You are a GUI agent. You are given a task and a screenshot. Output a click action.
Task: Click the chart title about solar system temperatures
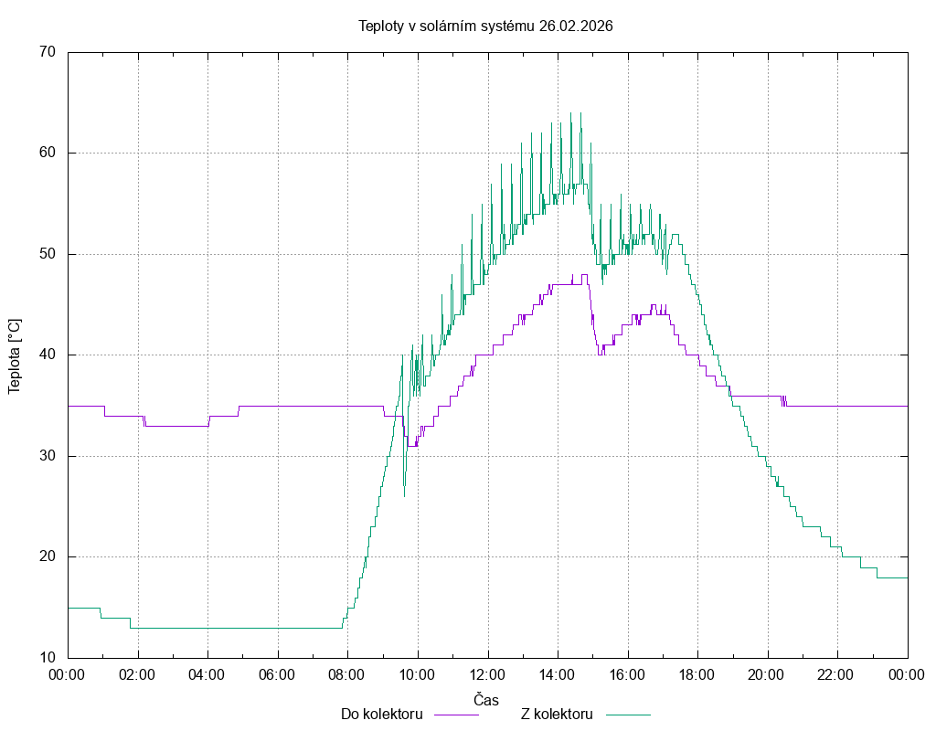(484, 26)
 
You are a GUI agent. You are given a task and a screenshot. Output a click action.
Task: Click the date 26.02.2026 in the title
(576, 26)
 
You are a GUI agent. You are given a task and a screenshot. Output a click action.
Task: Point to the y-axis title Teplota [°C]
(15, 355)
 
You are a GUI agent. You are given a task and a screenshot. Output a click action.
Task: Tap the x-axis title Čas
(486, 700)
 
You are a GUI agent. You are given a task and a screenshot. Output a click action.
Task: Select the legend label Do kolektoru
(381, 714)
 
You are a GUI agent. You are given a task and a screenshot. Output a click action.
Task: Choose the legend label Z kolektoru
(558, 714)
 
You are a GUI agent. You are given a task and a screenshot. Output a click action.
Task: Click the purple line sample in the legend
(456, 714)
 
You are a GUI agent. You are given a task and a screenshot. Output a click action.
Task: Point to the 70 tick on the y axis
(48, 52)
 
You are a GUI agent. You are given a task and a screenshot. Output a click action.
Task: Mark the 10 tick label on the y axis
(48, 658)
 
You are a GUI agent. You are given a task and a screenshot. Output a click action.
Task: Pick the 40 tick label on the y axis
(48, 355)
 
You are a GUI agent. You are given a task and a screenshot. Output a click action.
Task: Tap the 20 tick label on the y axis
(48, 556)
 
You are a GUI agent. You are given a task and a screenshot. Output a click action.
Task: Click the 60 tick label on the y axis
(48, 153)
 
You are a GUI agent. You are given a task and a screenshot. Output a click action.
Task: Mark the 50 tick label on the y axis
(48, 254)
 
